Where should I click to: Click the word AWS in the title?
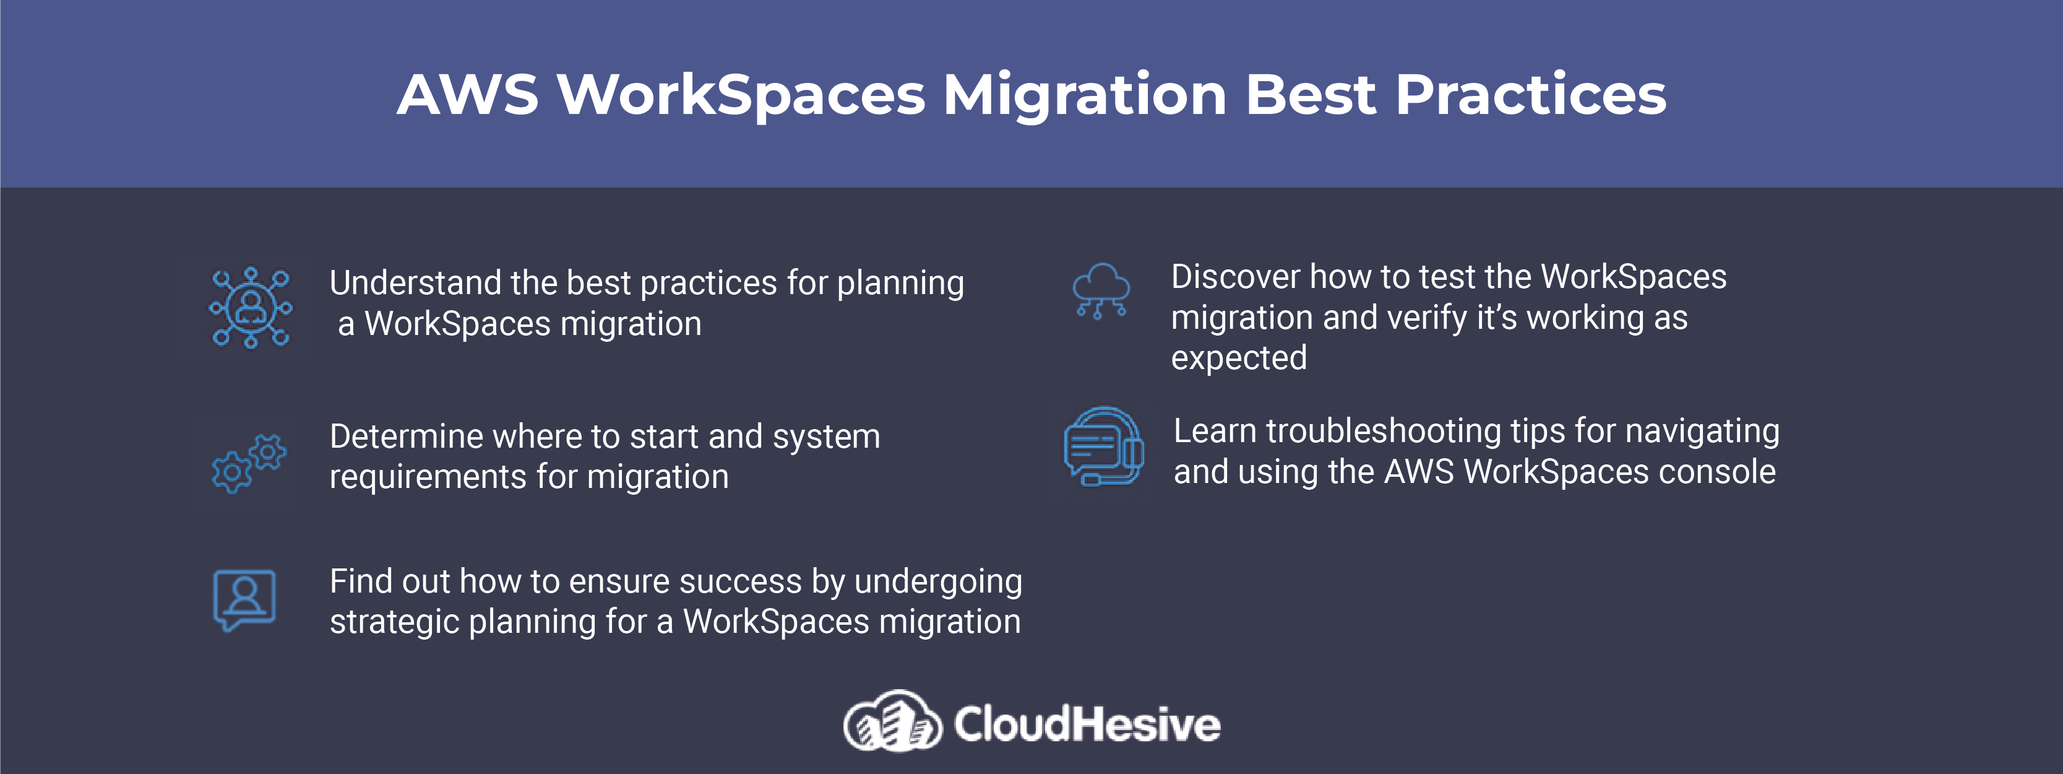(468, 95)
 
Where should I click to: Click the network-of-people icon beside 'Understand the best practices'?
(251, 307)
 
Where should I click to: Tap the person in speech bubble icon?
(244, 600)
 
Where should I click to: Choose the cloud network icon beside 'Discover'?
(1101, 292)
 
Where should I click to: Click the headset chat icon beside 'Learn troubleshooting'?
(1103, 446)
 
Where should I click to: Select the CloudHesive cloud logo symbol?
(892, 721)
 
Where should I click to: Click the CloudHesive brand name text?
(1087, 723)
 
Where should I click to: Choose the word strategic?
(393, 622)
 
